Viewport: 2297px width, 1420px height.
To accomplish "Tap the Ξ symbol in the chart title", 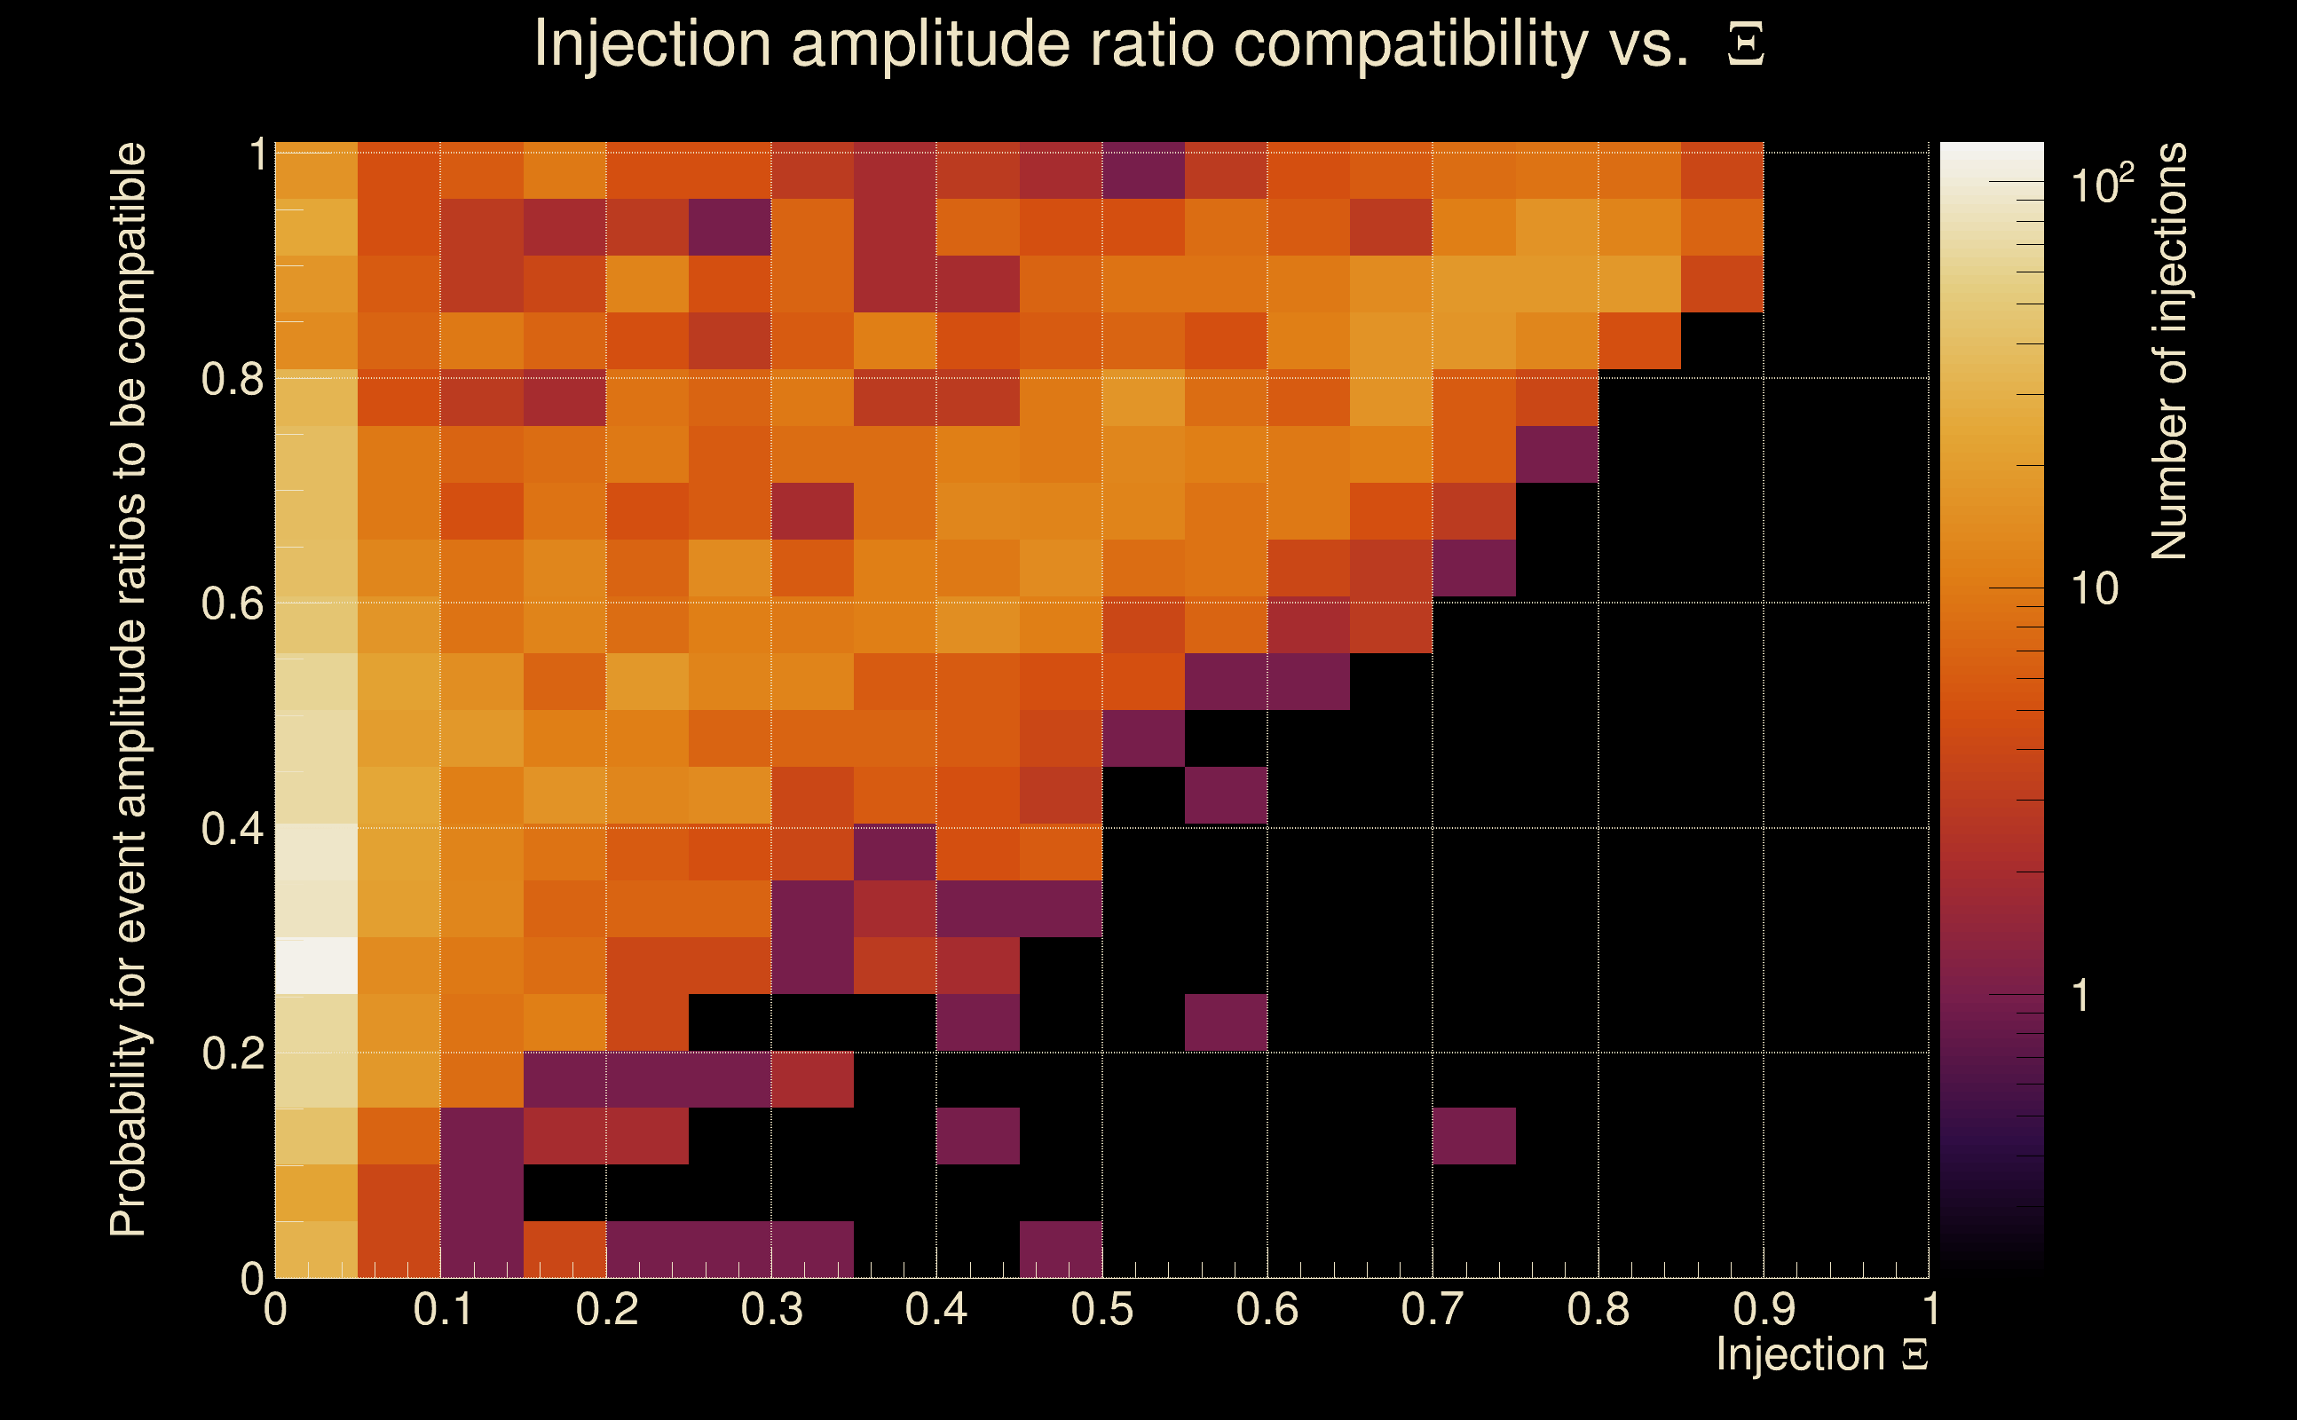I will tap(1745, 45).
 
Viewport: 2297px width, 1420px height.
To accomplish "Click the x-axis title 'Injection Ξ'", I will tap(1821, 1354).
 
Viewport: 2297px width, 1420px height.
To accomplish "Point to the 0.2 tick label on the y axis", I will tap(233, 1053).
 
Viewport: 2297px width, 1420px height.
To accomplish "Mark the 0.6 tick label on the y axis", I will tap(233, 603).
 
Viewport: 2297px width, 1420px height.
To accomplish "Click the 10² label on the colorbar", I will tap(2102, 183).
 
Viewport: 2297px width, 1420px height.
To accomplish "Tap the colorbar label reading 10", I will tap(2094, 588).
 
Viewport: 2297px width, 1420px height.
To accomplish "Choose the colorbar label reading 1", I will tap(2080, 996).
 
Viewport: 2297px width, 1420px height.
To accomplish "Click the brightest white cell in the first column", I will tap(317, 966).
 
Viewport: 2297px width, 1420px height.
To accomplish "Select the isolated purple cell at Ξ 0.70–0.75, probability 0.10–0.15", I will tap(1473, 1135).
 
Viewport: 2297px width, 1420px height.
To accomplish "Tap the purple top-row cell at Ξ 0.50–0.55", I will tap(1143, 170).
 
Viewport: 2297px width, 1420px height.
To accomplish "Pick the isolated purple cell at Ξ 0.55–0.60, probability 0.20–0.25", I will tap(1226, 1022).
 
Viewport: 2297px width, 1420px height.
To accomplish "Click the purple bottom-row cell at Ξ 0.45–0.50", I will tap(1061, 1249).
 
